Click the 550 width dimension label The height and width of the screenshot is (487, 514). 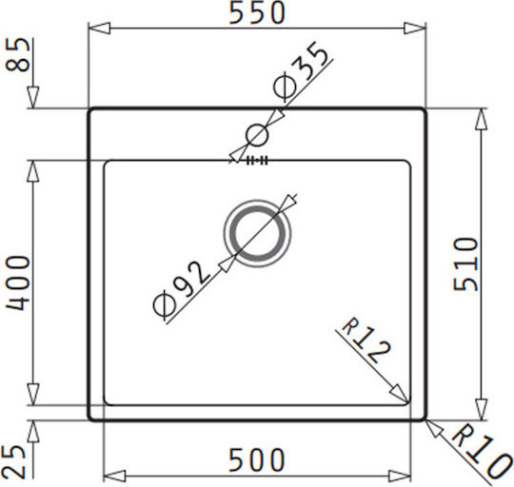[257, 12]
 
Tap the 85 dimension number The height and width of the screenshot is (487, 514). [18, 54]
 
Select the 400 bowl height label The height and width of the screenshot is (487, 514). [18, 282]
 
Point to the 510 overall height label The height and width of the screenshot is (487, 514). [465, 264]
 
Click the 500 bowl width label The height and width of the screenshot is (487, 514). [257, 459]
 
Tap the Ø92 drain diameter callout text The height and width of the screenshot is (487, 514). [181, 289]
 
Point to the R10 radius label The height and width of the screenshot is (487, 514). [482, 452]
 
